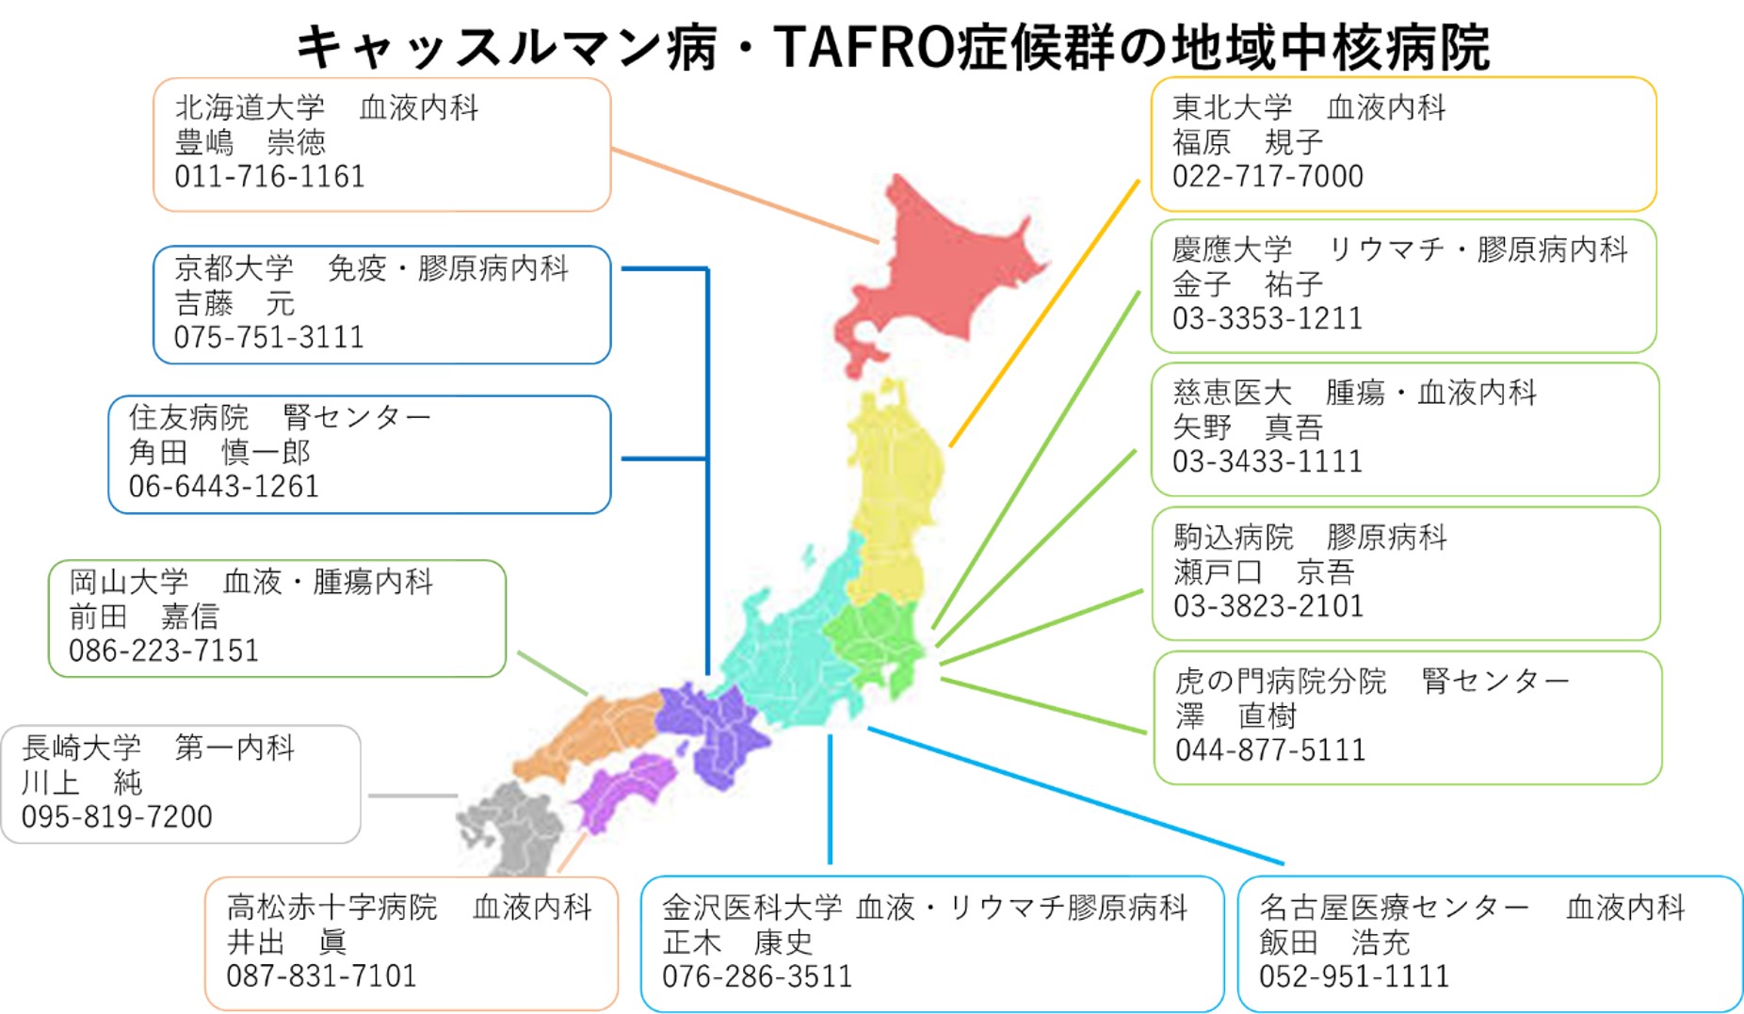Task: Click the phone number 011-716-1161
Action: click(269, 176)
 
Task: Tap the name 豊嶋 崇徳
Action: click(250, 142)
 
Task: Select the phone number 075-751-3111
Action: click(268, 337)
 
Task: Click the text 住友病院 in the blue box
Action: click(188, 416)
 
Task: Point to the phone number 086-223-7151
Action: click(163, 651)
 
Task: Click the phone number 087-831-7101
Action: click(321, 975)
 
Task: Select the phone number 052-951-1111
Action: click(1353, 976)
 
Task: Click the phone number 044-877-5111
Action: click(1269, 749)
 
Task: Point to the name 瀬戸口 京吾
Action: click(1263, 571)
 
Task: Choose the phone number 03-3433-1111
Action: click(1267, 461)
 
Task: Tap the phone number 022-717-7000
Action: click(1267, 176)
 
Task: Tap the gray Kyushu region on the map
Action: click(513, 829)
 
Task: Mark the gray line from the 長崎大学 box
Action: click(412, 797)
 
